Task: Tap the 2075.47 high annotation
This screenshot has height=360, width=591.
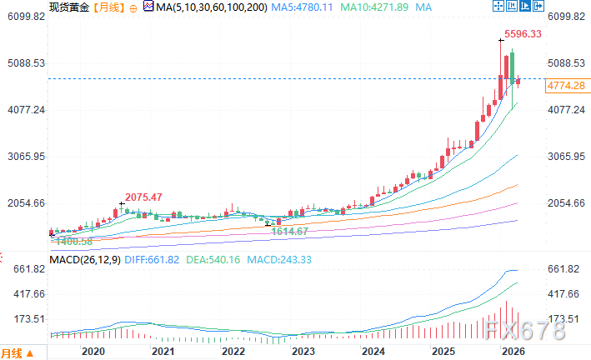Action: click(x=143, y=197)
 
